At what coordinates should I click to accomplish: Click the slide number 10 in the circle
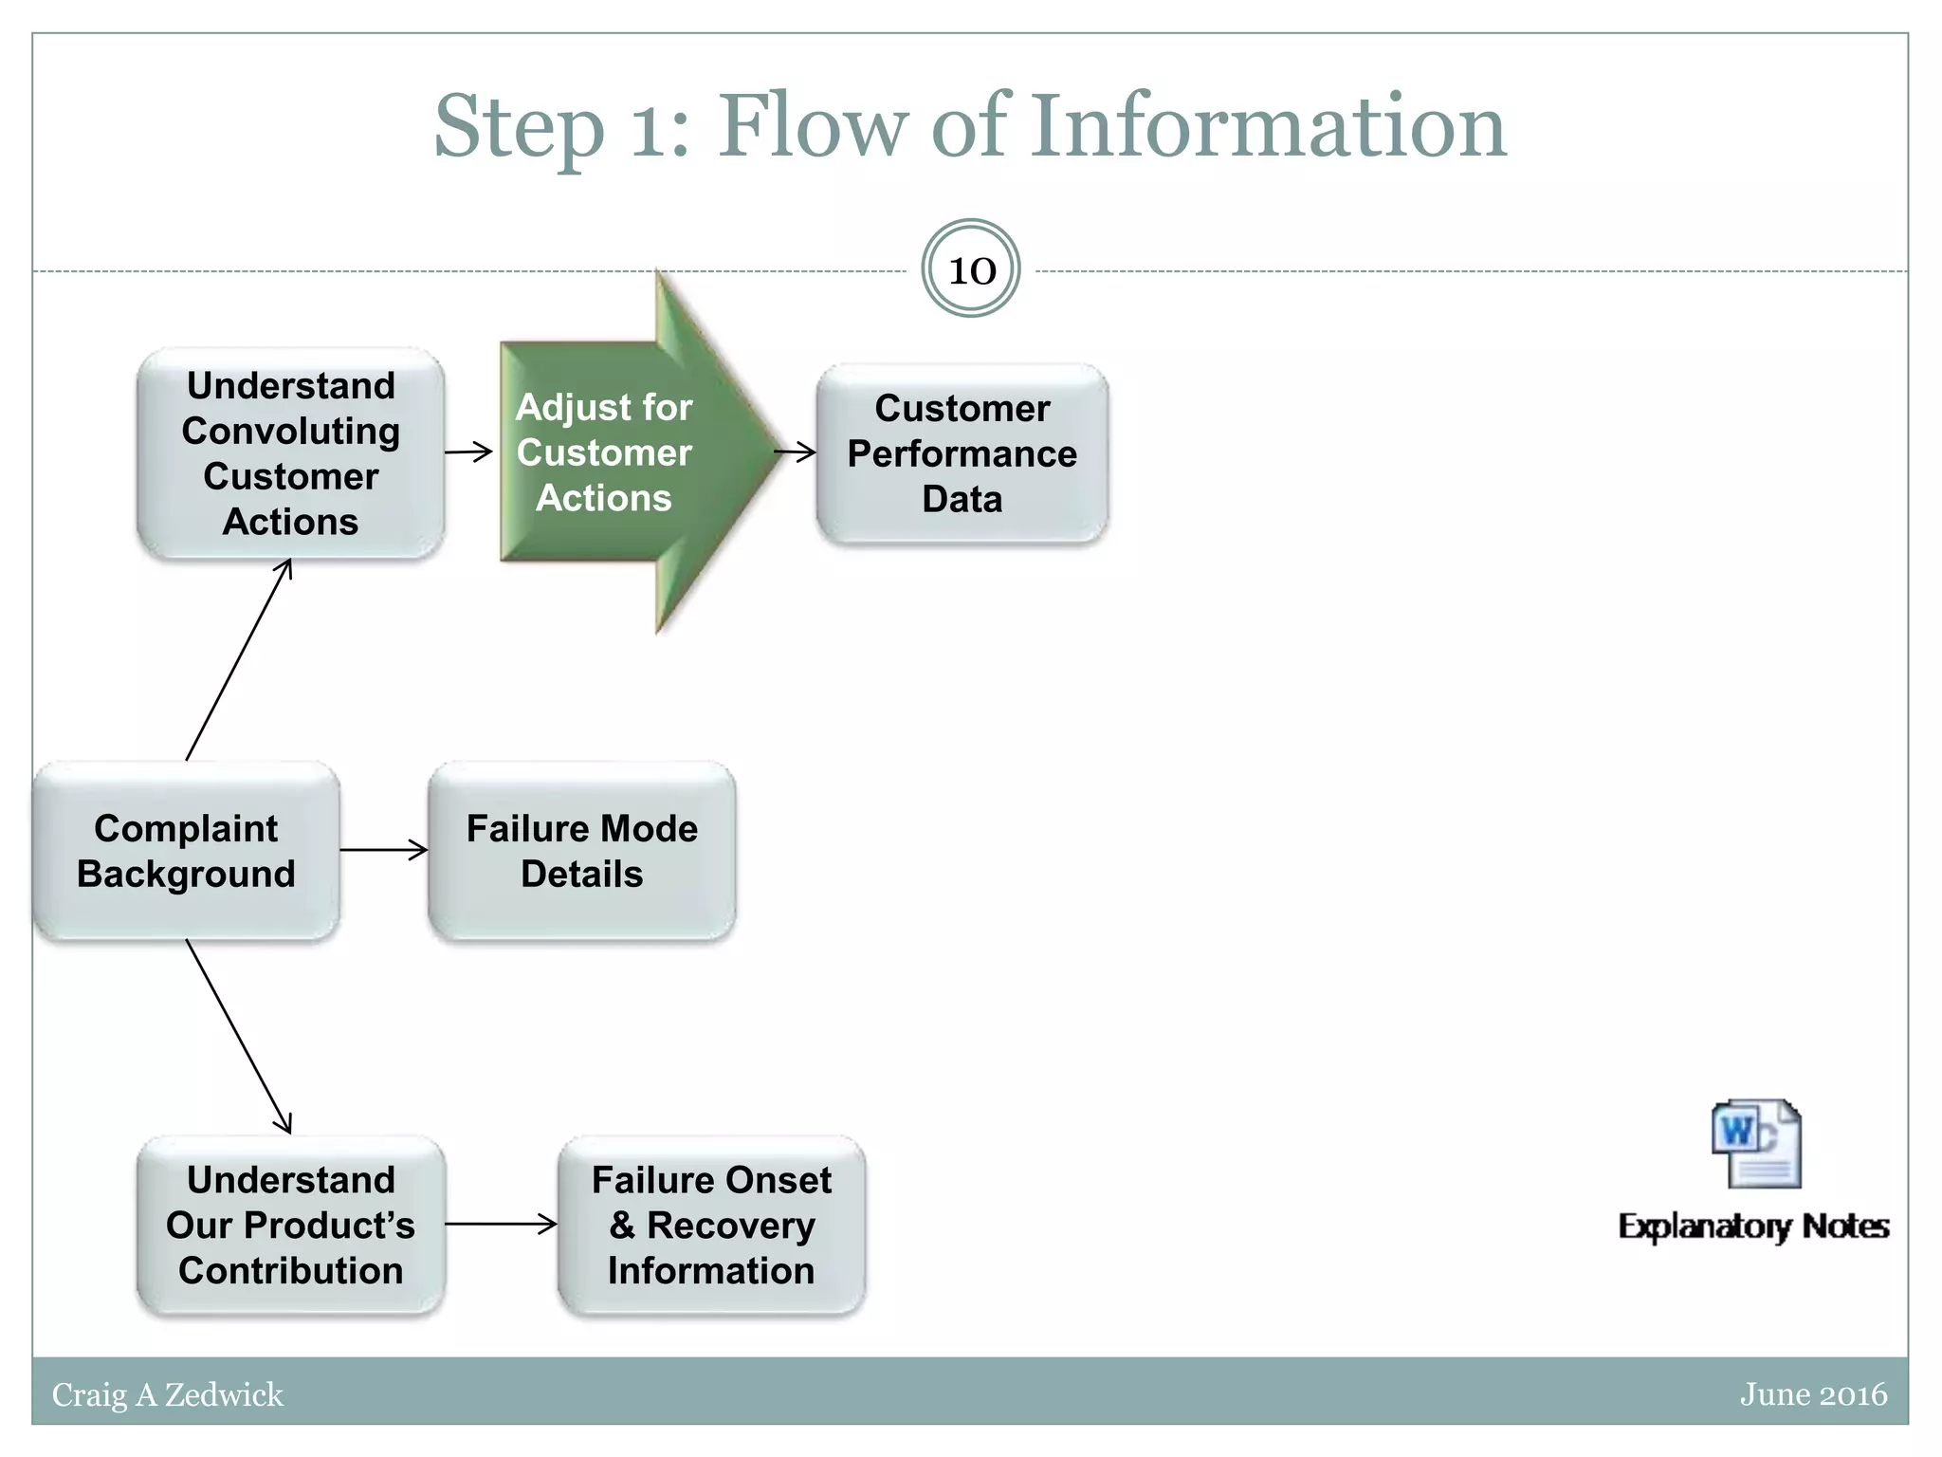(972, 270)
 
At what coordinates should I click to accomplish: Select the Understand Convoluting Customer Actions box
(291, 453)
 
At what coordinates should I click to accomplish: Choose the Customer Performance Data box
(962, 453)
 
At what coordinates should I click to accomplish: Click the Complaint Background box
(186, 851)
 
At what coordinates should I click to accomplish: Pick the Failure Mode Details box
(582, 851)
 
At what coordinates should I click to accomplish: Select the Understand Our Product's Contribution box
(291, 1225)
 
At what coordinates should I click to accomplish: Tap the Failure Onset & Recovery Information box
(712, 1225)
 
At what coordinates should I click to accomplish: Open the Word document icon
(1756, 1144)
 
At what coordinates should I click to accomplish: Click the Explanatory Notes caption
(1754, 1226)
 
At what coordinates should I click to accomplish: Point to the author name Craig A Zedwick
(168, 1394)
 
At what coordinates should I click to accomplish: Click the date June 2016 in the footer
(1814, 1394)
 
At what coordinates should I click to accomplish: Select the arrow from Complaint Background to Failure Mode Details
(384, 850)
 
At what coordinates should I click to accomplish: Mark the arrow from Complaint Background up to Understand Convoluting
(238, 659)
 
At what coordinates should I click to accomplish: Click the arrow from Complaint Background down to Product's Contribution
(238, 1037)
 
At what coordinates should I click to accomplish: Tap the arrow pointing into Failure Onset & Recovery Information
(501, 1224)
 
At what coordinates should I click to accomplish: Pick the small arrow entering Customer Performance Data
(796, 452)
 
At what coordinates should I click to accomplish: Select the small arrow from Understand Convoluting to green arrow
(468, 452)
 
